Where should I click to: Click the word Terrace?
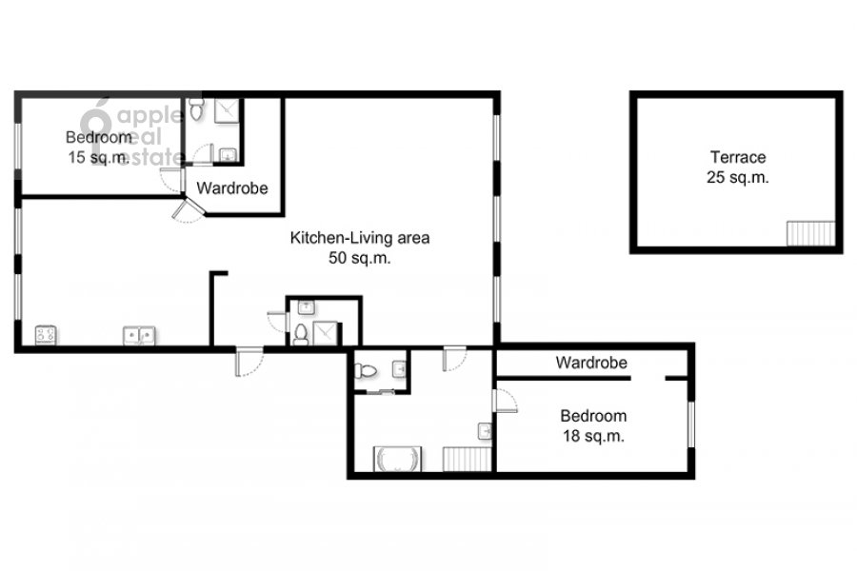click(738, 157)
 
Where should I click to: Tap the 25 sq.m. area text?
click(738, 178)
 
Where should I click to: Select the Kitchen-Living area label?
click(360, 238)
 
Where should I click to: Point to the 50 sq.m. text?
click(360, 258)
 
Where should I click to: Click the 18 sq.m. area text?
click(593, 436)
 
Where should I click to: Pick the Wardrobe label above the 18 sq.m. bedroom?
click(591, 363)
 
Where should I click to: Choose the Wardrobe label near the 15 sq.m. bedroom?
click(232, 188)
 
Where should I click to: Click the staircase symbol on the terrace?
click(810, 233)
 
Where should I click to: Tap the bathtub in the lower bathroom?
click(397, 459)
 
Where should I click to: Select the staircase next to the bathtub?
click(468, 459)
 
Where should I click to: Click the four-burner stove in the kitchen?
click(46, 335)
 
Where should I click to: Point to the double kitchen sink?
click(139, 336)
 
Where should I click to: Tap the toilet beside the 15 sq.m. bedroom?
click(196, 109)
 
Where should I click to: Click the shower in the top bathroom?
click(227, 111)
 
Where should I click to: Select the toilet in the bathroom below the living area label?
click(301, 334)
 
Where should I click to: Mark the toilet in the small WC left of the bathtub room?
click(366, 371)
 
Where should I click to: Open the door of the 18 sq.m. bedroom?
click(505, 400)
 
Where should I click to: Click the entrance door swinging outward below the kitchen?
click(249, 362)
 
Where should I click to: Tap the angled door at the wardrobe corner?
click(188, 209)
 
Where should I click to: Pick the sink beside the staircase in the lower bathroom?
click(486, 431)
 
